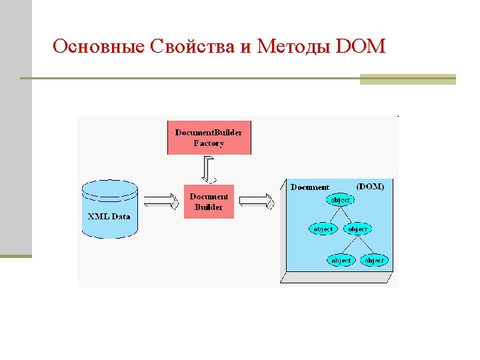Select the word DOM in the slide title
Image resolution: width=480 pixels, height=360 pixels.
(x=361, y=46)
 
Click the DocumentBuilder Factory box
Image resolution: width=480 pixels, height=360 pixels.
(x=209, y=137)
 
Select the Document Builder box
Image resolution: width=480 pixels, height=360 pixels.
(x=209, y=201)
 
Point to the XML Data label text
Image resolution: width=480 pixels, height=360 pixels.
(x=109, y=217)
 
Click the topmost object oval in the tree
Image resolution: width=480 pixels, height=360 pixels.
(x=340, y=200)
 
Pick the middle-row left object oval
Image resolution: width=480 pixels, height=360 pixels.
(x=323, y=229)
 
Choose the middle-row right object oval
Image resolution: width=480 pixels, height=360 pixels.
(x=357, y=229)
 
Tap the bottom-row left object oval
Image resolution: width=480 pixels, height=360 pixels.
(x=341, y=260)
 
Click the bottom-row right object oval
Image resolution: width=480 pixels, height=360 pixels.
(x=374, y=260)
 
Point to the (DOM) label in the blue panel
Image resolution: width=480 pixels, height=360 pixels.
(x=370, y=187)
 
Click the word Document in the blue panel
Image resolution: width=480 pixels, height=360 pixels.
(x=310, y=187)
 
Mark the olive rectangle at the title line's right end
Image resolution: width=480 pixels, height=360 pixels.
(x=407, y=79)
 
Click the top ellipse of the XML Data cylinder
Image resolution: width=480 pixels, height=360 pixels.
(x=109, y=188)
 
